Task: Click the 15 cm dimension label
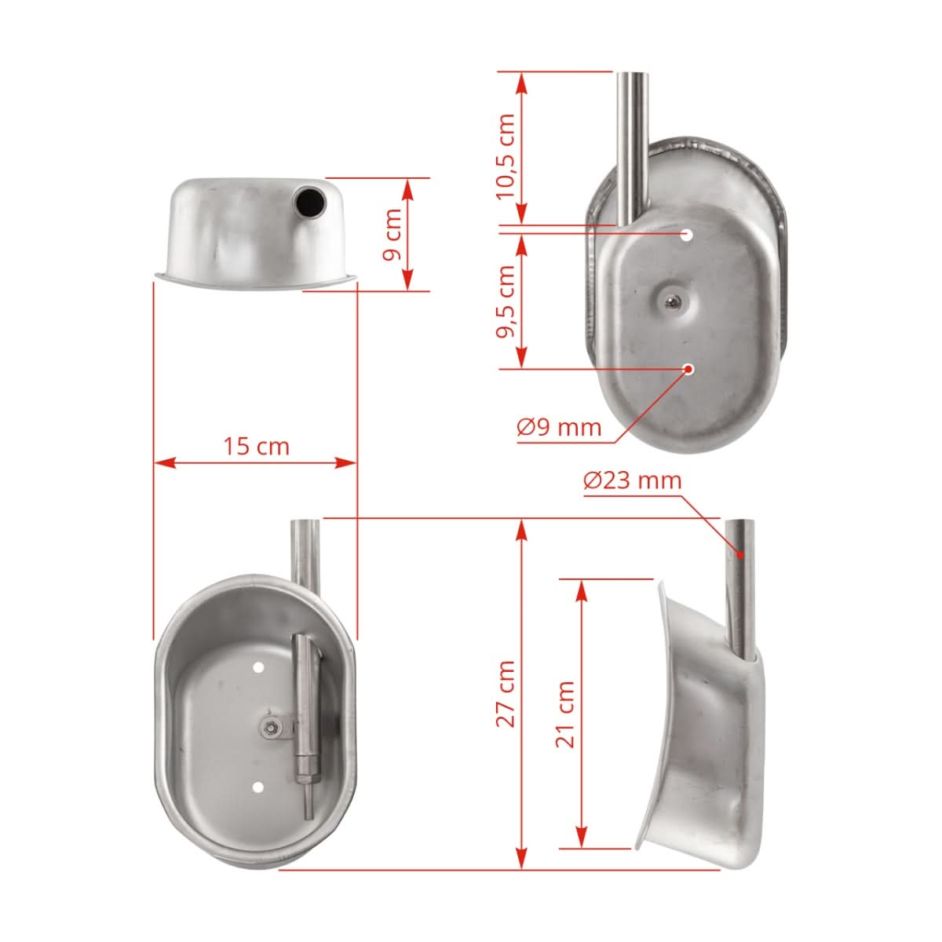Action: pyautogui.click(x=256, y=447)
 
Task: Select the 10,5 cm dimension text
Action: pyautogui.click(x=506, y=155)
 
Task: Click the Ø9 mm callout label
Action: pyautogui.click(x=559, y=428)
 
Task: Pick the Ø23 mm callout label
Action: pyautogui.click(x=633, y=480)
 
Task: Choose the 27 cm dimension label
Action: pyautogui.click(x=506, y=693)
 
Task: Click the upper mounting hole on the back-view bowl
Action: pyautogui.click(x=687, y=234)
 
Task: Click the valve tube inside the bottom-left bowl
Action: pyautogui.click(x=304, y=706)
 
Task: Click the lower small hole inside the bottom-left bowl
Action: pyautogui.click(x=258, y=786)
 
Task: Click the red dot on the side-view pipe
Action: pyautogui.click(x=739, y=553)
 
